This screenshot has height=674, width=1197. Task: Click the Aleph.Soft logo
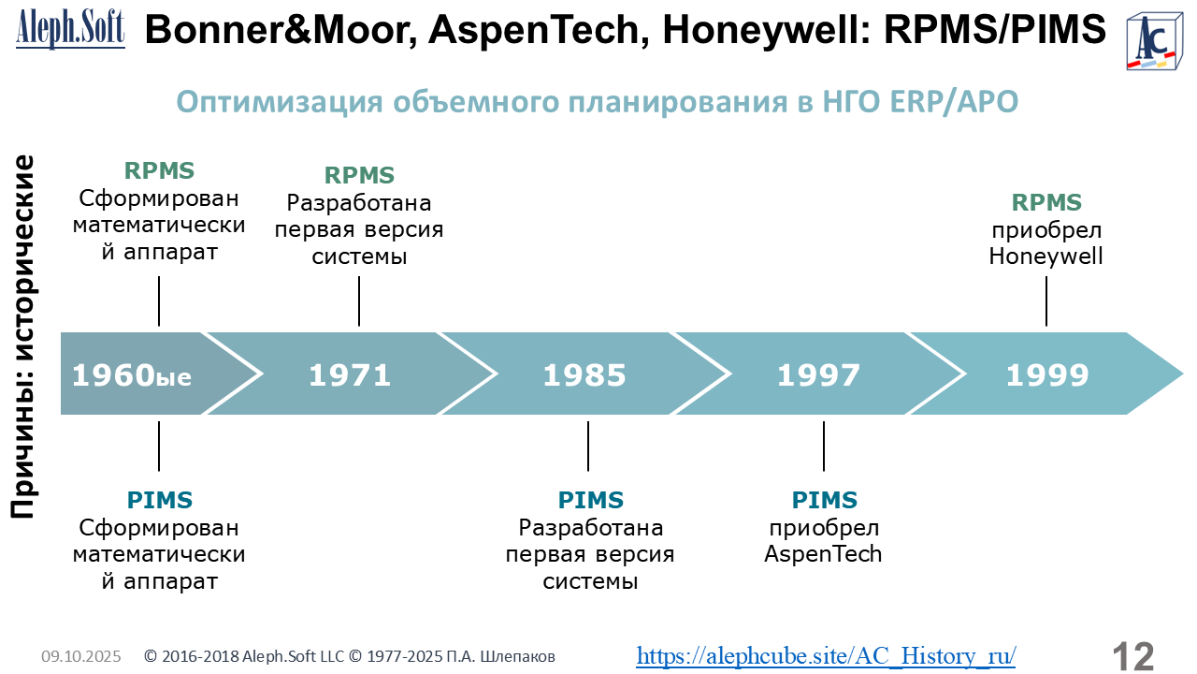coord(70,29)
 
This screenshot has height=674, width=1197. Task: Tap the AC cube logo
coord(1154,42)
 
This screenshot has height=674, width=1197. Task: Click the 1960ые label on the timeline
coord(132,375)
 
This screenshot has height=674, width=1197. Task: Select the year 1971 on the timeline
coord(350,375)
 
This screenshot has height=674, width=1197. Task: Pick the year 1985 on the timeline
coord(584,375)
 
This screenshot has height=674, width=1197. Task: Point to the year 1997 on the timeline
coord(818,375)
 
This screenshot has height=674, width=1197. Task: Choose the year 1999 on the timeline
coord(1047,375)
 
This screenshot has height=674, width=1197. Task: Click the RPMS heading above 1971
coord(359,175)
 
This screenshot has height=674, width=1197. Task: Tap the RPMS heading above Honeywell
coord(1046,203)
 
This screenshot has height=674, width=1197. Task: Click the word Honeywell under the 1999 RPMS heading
coord(1046,256)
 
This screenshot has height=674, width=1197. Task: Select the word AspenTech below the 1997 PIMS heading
coord(823,554)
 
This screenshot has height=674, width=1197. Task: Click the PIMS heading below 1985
coord(590,500)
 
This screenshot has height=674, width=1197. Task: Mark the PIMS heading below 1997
coord(824,500)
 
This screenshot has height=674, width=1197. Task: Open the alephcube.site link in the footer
coord(826,656)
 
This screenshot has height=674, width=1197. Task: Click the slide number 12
coord(1132,656)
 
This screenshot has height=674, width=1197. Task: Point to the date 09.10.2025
coord(81,656)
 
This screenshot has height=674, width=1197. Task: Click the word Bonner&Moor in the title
coord(281,29)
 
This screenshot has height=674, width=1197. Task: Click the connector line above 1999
coord(1046,301)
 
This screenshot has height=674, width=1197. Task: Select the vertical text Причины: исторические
coord(22,337)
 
